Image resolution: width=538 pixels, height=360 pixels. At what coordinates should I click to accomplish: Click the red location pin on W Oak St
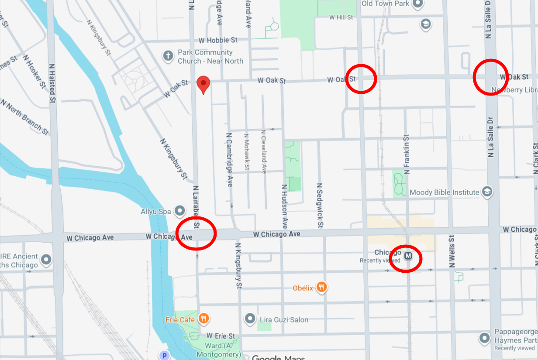[203, 84]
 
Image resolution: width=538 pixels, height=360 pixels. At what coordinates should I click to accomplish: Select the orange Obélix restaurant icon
[322, 287]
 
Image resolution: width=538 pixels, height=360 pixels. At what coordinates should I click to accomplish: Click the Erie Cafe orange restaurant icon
[203, 319]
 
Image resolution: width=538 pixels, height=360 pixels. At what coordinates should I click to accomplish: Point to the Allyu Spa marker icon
[179, 212]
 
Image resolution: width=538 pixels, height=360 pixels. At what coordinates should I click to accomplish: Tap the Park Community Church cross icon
[167, 56]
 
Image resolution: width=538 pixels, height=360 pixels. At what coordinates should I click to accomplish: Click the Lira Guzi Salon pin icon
[250, 319]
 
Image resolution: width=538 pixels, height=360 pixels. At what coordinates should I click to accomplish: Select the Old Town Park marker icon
[418, 4]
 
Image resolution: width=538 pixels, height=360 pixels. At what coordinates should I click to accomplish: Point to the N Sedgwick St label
[320, 206]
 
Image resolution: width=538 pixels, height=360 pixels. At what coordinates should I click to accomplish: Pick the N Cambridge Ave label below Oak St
[229, 160]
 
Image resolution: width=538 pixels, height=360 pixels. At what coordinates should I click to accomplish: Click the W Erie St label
[221, 336]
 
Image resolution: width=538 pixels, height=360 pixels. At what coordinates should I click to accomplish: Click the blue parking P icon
[164, 356]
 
